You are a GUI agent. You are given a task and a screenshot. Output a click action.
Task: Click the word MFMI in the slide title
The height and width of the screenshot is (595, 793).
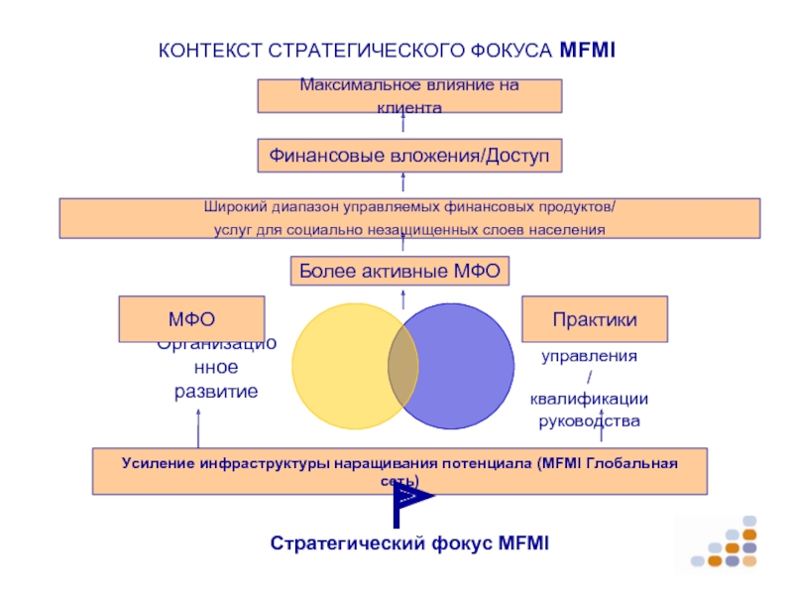coord(587,49)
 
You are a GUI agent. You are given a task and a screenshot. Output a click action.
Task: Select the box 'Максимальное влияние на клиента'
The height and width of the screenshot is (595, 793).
coord(409,96)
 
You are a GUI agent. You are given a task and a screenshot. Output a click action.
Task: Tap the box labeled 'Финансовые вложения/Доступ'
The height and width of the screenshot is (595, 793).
coord(409,155)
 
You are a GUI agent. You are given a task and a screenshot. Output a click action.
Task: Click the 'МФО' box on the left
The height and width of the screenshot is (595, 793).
coord(191,318)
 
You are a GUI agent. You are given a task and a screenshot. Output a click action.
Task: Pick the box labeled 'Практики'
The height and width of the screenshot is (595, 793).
coord(595,318)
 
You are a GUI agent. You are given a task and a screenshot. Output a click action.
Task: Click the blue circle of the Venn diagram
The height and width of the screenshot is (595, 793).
coord(466,366)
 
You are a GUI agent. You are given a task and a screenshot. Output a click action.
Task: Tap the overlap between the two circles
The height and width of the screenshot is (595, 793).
coord(402,366)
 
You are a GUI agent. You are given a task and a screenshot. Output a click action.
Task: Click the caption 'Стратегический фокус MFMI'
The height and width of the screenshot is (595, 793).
coord(409,543)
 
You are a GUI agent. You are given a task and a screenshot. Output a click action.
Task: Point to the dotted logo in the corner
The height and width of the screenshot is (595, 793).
coord(728,543)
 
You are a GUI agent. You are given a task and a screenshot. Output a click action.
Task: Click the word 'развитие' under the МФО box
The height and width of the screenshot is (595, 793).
coord(216,392)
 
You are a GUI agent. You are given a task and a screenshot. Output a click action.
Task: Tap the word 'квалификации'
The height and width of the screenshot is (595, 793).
coord(589,399)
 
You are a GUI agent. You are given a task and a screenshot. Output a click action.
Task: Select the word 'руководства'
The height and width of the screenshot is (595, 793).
coord(589,421)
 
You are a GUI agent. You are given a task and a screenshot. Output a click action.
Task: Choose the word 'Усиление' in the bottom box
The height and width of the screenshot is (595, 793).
coord(157,463)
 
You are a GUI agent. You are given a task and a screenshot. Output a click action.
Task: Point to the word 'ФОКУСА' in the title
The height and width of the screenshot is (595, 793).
coord(511,49)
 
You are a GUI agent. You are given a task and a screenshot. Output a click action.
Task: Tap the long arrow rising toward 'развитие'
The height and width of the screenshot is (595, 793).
coord(197,427)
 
